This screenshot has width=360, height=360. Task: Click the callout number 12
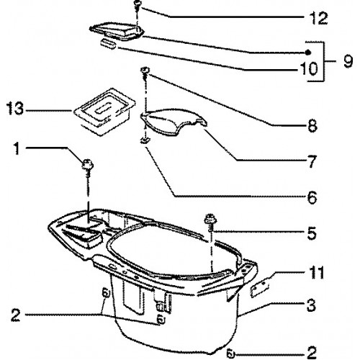tap(319, 17)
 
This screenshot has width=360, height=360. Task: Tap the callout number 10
tap(309, 68)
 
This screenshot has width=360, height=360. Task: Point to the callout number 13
tap(15, 108)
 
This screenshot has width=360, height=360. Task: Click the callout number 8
tap(312, 125)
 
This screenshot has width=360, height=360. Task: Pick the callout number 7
tap(312, 161)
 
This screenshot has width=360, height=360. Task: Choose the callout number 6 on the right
tap(312, 198)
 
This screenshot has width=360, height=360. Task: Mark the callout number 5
tap(312, 233)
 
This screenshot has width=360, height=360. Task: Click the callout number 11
tap(315, 273)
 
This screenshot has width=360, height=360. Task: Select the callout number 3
tap(311, 305)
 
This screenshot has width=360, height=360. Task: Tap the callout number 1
tap(17, 148)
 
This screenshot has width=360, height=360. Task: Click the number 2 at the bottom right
tap(312, 353)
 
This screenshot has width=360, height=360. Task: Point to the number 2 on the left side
tap(16, 315)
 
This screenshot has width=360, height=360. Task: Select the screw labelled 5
tap(210, 222)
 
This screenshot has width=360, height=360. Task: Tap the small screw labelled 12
tap(138, 5)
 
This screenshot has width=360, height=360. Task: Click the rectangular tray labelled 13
tap(104, 112)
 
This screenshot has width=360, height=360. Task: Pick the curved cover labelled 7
tap(174, 121)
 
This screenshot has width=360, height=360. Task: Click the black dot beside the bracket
tap(309, 52)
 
